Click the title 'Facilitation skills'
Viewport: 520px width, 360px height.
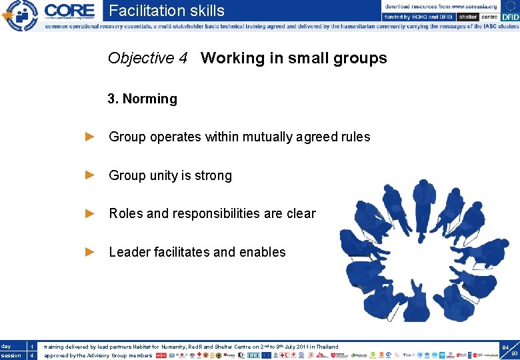click(x=167, y=11)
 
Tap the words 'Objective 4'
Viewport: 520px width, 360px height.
click(x=147, y=59)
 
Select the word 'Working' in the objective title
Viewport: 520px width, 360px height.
click(x=233, y=59)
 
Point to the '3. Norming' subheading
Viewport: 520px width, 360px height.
click(x=143, y=99)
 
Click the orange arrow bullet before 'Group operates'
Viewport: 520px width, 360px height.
click(x=91, y=137)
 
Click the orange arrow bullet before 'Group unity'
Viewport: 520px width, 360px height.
click(x=91, y=175)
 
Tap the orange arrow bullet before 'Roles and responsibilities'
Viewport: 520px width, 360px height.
click(x=91, y=213)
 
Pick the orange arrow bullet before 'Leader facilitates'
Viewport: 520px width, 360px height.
click(x=91, y=252)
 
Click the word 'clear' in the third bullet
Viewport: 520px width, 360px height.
click(x=300, y=214)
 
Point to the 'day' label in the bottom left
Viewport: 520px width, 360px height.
click(x=6, y=346)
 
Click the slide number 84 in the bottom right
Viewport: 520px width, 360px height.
click(x=505, y=347)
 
